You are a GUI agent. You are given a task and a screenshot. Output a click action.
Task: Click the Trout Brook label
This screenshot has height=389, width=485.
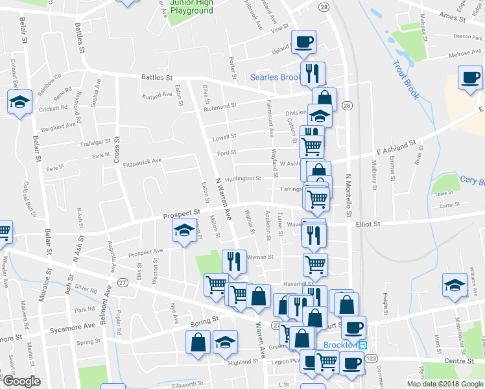point(405,80)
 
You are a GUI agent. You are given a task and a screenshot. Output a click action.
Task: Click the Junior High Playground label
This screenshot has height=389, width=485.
point(191,6)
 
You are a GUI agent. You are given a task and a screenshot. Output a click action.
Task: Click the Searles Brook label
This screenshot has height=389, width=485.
point(276,78)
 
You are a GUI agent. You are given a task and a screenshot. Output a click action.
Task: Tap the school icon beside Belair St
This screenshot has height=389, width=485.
point(19,102)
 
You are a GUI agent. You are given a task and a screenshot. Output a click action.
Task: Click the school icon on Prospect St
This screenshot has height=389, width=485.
point(184,230)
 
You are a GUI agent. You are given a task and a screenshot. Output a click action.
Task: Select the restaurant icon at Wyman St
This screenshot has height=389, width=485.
point(234,261)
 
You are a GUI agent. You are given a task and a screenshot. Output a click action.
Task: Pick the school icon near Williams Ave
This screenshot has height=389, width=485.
point(455,284)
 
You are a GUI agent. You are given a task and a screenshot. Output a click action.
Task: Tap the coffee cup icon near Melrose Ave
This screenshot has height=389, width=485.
point(471,78)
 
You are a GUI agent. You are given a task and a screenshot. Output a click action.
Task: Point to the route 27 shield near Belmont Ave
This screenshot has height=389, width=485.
point(123,281)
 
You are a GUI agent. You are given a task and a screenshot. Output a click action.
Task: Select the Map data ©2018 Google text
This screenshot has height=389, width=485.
point(444,384)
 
